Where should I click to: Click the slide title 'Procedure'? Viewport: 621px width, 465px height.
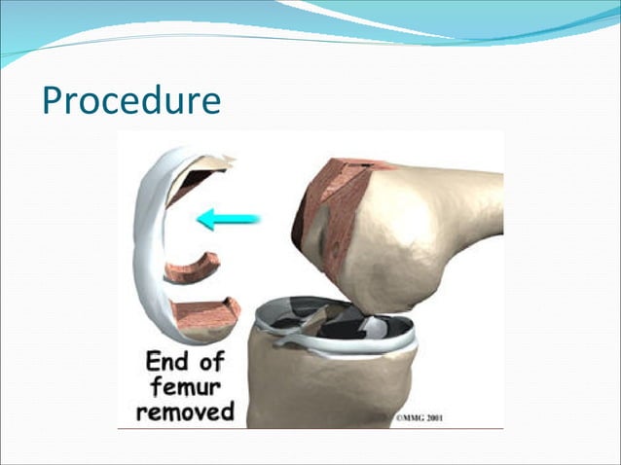pyautogui.click(x=131, y=101)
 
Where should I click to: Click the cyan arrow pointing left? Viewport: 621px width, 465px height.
pyautogui.click(x=229, y=219)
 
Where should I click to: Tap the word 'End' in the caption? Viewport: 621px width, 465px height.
pyautogui.click(x=166, y=362)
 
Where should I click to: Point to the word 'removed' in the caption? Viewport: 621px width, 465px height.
pyautogui.click(x=186, y=411)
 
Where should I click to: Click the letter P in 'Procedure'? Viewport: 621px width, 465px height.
pyautogui.click(x=54, y=101)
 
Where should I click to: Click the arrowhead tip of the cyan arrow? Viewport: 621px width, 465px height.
pyautogui.click(x=200, y=219)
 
